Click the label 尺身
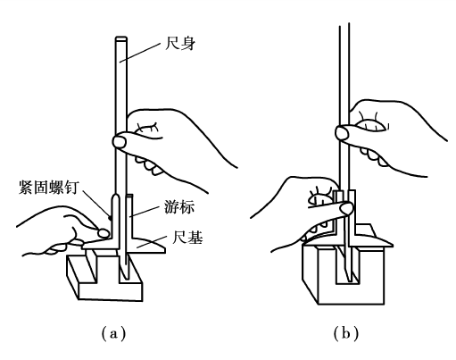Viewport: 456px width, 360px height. [179, 44]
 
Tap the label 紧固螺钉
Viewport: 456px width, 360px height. [49, 187]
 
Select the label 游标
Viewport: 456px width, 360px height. [179, 206]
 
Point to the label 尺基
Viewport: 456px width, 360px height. [187, 238]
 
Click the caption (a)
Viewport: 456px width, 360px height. [113, 334]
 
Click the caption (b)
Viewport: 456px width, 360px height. [346, 334]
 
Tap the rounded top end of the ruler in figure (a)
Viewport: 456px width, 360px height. [121, 38]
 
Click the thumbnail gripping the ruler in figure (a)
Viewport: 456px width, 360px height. [120, 142]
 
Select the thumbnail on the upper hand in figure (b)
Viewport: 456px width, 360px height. [342, 132]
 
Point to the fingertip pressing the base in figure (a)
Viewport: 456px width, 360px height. [104, 233]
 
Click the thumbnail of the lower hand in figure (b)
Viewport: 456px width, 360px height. [346, 208]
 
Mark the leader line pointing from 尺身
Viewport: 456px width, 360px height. [139, 53]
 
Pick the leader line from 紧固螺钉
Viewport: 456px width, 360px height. [96, 205]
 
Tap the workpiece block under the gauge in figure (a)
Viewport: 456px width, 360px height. [104, 277]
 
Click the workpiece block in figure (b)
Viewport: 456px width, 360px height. [344, 274]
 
